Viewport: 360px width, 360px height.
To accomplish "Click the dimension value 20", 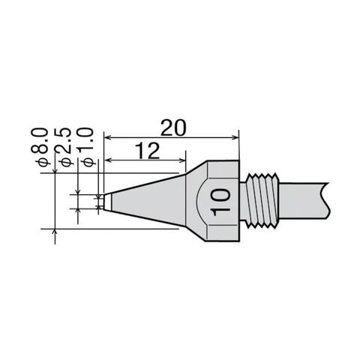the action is point(173,127).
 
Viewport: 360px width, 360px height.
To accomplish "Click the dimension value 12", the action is point(147,151).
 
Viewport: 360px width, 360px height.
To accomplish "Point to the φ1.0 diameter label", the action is point(86,147).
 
